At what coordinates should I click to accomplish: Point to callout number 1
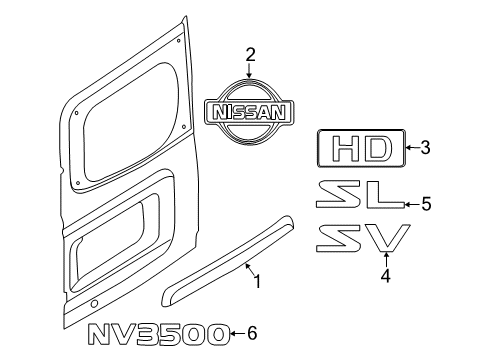click(256, 282)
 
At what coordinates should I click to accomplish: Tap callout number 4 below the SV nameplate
click(385, 277)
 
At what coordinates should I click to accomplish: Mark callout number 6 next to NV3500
click(251, 333)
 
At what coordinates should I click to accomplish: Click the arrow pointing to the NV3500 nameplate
click(236, 334)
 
